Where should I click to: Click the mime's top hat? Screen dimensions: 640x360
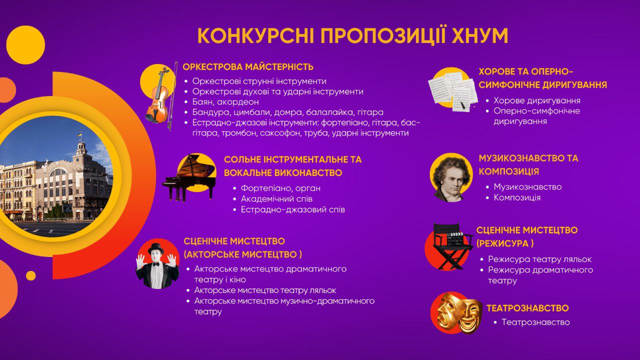coord(156,249)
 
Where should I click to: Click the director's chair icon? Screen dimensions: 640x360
coord(452,245)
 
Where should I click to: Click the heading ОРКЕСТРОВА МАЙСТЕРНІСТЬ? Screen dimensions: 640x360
coord(248,67)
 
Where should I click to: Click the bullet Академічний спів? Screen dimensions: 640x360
coord(276,199)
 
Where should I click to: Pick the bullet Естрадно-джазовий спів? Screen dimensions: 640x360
coord(293,209)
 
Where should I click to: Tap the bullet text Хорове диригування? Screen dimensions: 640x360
coord(537,100)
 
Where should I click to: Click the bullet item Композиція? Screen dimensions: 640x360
coord(517,197)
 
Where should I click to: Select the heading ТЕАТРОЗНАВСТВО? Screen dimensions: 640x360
coord(527,308)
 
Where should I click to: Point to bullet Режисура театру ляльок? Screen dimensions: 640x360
coord(539,259)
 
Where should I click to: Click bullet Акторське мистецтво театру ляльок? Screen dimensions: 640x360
coord(265,290)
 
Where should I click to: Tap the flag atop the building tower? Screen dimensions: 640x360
coord(79,134)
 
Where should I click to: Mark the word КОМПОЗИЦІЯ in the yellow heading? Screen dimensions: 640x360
coord(509,171)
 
